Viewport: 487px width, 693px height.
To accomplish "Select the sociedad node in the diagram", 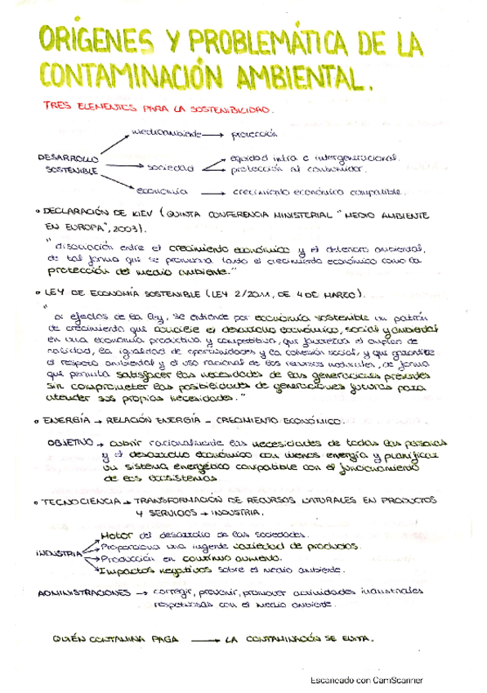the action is [x=171, y=167].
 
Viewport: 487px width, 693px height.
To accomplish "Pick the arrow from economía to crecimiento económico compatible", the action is [x=212, y=191].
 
